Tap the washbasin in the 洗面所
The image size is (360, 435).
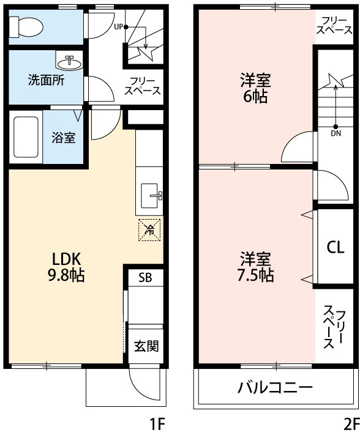pos(69,62)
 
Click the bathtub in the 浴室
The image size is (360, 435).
pos(26,137)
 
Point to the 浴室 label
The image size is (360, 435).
pos(63,138)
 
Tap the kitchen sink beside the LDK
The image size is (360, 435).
pos(151,196)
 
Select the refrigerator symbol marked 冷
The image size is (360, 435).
pos(149,229)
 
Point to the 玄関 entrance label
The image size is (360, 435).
pos(146,346)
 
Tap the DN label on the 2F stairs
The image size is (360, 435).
pos(336,132)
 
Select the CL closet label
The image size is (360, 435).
pos(335,247)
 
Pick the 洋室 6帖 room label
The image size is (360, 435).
pos(255,88)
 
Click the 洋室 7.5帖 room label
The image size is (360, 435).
pos(256,267)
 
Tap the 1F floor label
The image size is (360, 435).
pos(157,423)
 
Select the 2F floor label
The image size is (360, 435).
pos(351,423)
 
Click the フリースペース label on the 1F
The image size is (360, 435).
pos(143,86)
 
